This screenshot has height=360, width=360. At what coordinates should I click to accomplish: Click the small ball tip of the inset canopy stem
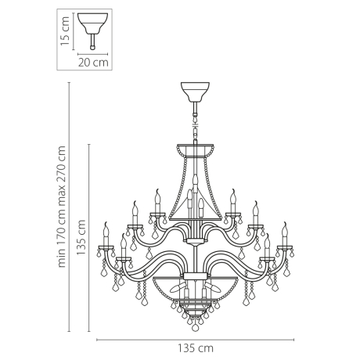tap(94, 42)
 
